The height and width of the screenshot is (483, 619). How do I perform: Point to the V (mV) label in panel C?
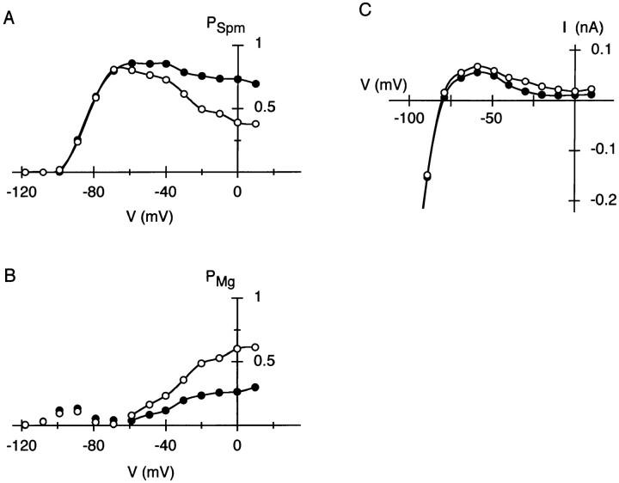pyautogui.click(x=383, y=83)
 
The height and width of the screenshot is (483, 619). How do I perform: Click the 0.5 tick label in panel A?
pyautogui.click(x=256, y=107)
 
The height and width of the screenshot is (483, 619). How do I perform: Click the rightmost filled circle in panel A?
pyautogui.click(x=255, y=83)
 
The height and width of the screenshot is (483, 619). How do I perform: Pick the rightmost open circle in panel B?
pyautogui.click(x=255, y=347)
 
